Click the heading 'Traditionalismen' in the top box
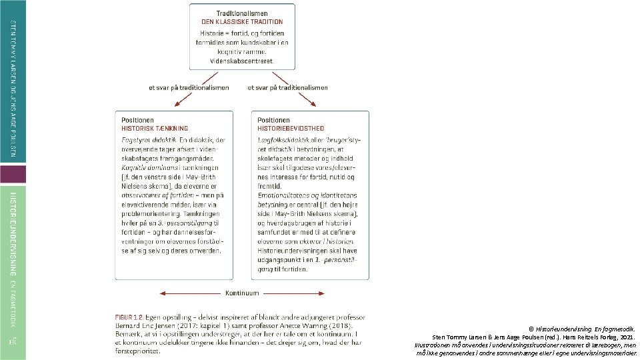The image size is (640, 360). [241, 13]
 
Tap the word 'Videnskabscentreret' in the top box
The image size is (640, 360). [241, 61]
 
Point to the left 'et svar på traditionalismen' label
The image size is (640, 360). [189, 87]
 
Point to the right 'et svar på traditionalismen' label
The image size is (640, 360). [287, 87]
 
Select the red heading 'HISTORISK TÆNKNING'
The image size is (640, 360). [155, 128]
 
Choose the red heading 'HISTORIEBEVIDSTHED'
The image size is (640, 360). [291, 128]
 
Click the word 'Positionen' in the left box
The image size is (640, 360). [137, 120]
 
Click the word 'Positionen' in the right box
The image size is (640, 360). [273, 120]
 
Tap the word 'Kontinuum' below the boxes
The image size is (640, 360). [243, 293]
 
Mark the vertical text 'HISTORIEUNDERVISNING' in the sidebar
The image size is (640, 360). [13, 233]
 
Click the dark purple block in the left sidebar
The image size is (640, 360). [13, 175]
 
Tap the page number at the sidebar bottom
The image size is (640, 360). [13, 341]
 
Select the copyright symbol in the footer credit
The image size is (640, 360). [531, 329]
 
